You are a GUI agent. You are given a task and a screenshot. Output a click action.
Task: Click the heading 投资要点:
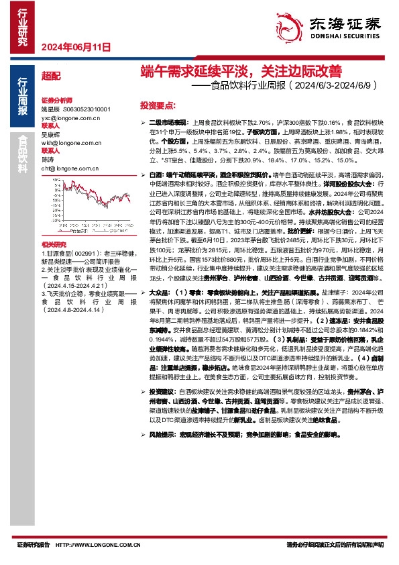pos(158,106)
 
